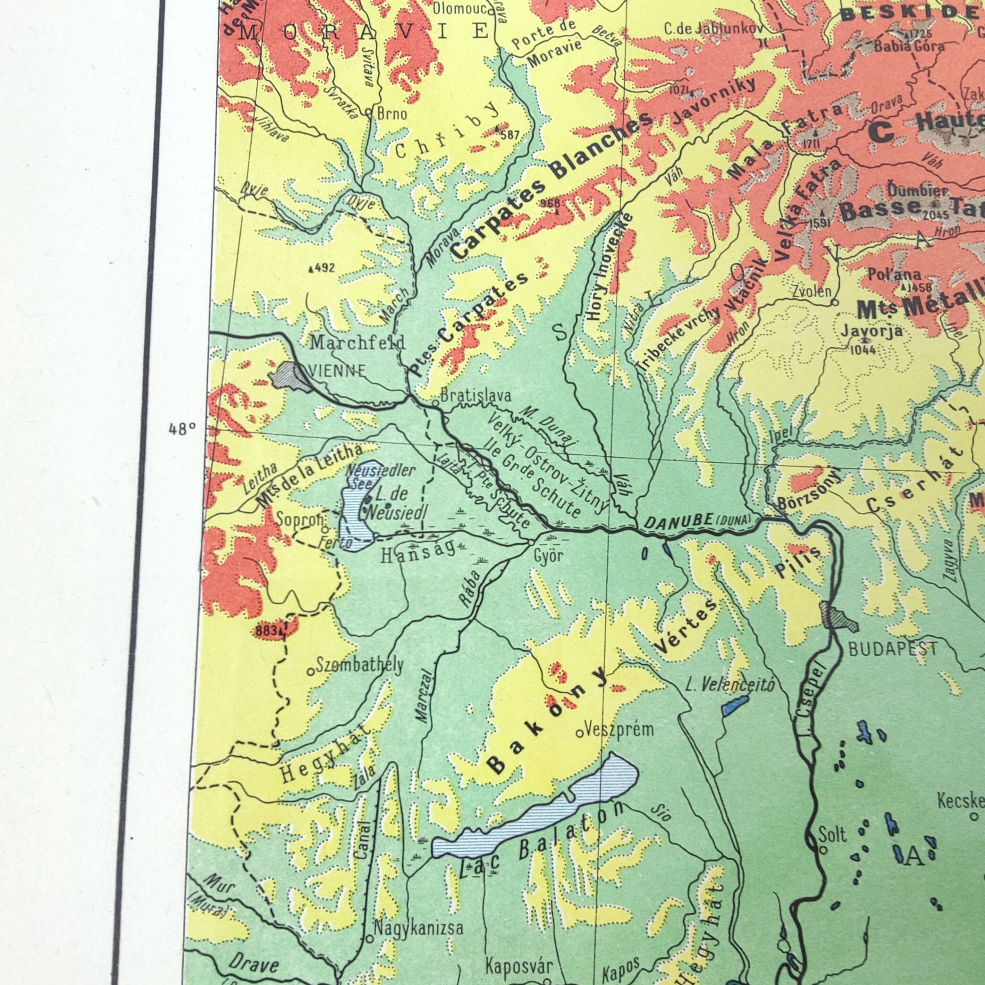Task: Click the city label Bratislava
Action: tap(475, 395)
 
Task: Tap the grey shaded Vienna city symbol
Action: tap(289, 376)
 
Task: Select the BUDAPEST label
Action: tap(892, 649)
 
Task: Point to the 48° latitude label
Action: tap(182, 429)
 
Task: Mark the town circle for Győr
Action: tap(531, 542)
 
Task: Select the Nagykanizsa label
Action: tap(418, 927)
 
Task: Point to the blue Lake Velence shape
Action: tap(735, 706)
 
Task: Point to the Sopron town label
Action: tap(299, 519)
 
